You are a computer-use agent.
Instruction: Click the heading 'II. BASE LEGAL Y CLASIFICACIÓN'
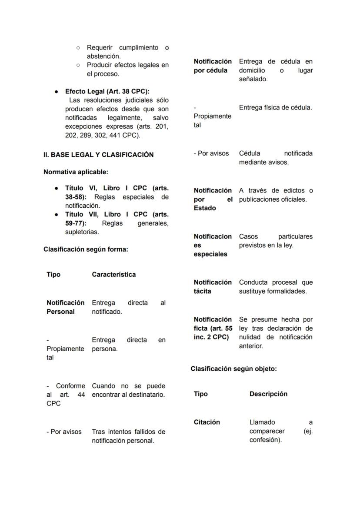click(98, 155)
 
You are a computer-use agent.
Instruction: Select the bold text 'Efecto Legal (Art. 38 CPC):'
click(107, 91)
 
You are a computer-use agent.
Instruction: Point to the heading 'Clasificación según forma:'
click(86, 249)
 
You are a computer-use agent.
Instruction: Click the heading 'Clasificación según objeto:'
click(233, 369)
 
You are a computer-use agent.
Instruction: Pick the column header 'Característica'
click(113, 275)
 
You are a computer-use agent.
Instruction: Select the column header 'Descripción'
click(268, 394)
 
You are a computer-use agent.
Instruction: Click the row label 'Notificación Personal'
click(65, 307)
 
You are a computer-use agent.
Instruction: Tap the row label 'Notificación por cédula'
click(213, 66)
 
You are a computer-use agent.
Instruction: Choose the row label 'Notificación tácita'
click(213, 287)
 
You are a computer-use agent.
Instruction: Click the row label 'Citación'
click(207, 422)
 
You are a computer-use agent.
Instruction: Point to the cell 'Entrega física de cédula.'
click(275, 107)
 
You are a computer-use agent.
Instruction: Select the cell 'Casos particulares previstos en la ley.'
click(276, 241)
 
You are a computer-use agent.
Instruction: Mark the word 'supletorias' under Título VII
click(81, 232)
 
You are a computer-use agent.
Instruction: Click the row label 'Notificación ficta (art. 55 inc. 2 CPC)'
click(213, 328)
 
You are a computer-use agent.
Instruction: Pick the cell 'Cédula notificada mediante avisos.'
click(276, 158)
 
